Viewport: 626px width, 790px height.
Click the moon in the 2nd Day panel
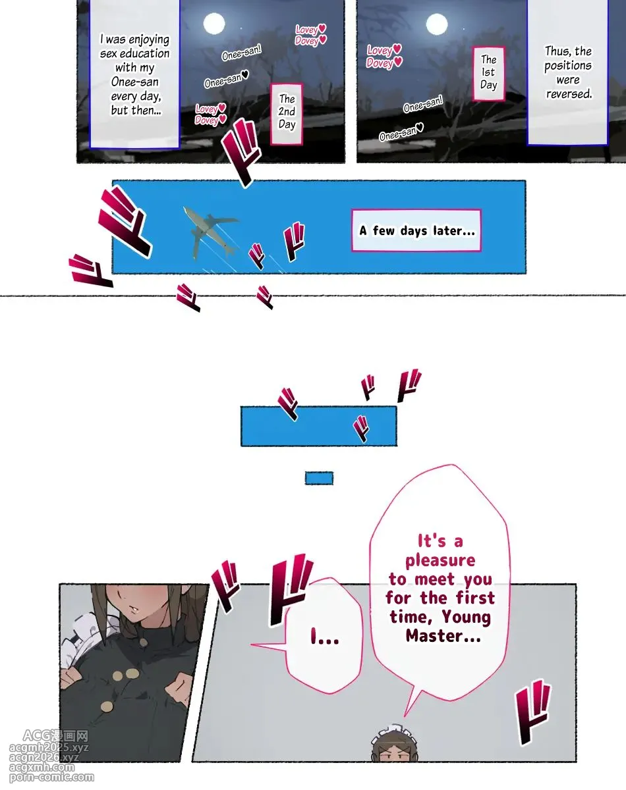214,24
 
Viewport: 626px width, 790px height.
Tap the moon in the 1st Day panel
437,24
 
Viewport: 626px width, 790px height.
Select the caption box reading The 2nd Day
287,114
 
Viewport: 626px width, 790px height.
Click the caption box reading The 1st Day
488,74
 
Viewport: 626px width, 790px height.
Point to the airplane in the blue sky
210,232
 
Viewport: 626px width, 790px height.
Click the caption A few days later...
416,230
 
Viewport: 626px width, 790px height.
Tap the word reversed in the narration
569,94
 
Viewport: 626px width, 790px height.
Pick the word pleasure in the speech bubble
440,560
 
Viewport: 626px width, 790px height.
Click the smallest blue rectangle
319,479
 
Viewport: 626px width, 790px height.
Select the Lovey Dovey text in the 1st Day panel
384,56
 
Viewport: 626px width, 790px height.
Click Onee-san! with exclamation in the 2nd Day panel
242,52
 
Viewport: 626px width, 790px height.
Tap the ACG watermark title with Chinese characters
55,735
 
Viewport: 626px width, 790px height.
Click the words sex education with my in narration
134,61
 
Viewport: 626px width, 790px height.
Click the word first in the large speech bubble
475,598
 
